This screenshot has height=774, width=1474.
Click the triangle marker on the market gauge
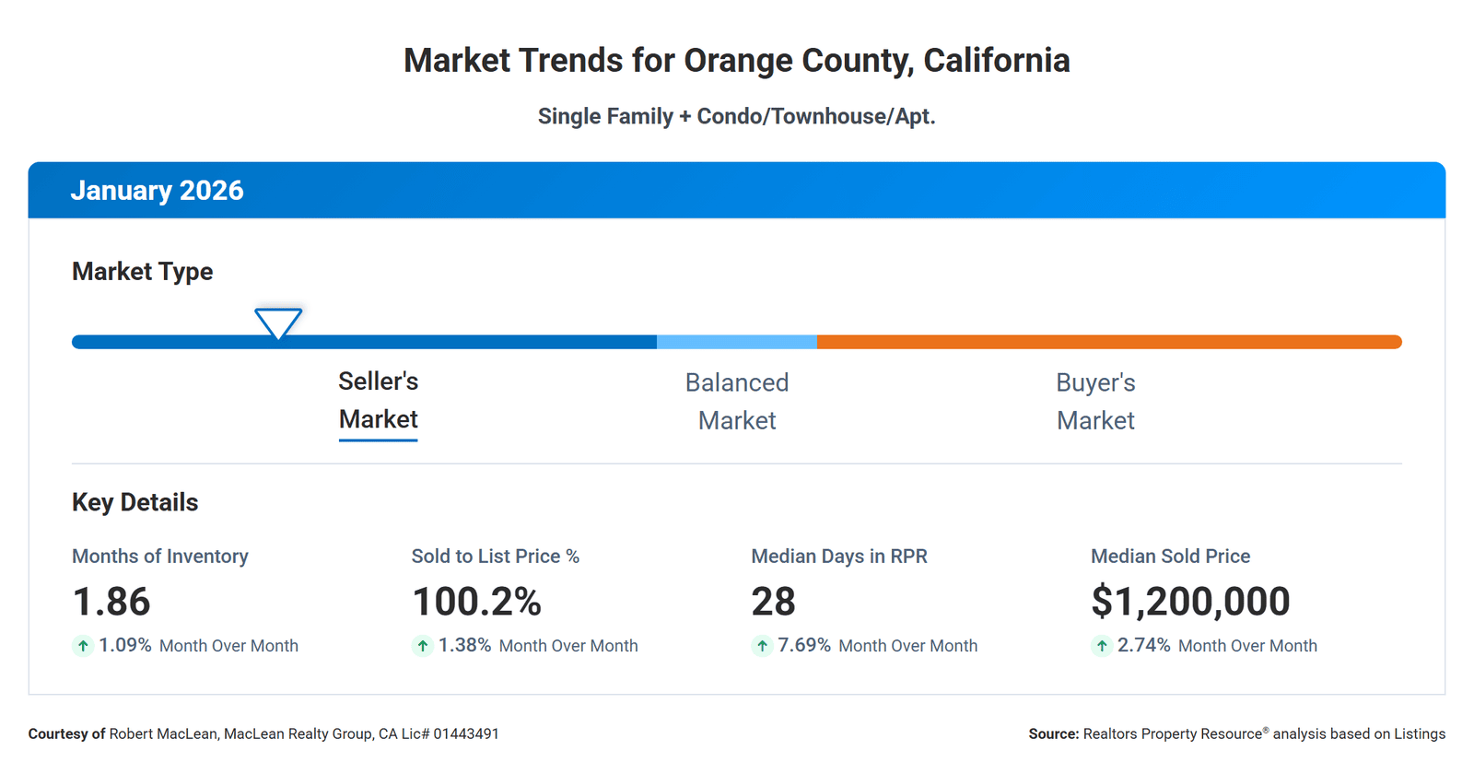click(278, 322)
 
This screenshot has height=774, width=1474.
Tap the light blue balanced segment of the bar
click(736, 342)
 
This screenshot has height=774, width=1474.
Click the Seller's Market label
click(378, 401)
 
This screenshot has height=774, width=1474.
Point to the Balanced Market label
click(736, 402)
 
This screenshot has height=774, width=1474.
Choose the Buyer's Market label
click(1095, 402)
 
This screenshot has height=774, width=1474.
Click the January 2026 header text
click(157, 191)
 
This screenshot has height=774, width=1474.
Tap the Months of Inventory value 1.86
click(111, 602)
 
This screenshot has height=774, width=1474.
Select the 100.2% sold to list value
click(476, 602)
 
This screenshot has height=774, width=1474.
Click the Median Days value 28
click(773, 602)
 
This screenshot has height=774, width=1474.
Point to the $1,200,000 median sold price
click(1190, 602)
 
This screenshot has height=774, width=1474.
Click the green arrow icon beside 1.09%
click(83, 646)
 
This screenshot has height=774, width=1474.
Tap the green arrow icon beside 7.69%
click(762, 646)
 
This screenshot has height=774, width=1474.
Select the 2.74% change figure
click(1143, 645)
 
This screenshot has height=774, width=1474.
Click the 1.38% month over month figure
click(464, 645)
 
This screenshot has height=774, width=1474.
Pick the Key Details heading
click(135, 502)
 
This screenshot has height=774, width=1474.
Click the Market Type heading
click(142, 272)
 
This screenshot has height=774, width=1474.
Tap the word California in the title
click(996, 61)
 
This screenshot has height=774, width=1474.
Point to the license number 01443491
click(465, 734)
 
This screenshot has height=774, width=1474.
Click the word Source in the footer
click(1053, 734)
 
